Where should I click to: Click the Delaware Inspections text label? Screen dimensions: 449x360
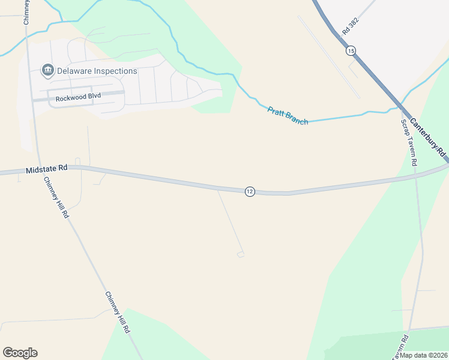pos(97,71)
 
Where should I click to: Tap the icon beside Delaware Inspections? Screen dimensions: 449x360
pos(47,71)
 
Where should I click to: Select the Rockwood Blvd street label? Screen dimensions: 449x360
pos(78,97)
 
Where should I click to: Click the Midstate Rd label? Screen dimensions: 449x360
pos(46,170)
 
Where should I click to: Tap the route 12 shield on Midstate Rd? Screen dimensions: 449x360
pos(250,191)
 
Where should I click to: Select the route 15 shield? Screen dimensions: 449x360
pos(351,51)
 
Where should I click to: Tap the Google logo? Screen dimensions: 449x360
pos(20,353)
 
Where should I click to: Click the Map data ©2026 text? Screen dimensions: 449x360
pos(423,355)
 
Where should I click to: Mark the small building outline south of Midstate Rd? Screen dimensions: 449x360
pos(241,254)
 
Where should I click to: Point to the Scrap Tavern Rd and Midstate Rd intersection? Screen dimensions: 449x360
pos(415,176)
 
